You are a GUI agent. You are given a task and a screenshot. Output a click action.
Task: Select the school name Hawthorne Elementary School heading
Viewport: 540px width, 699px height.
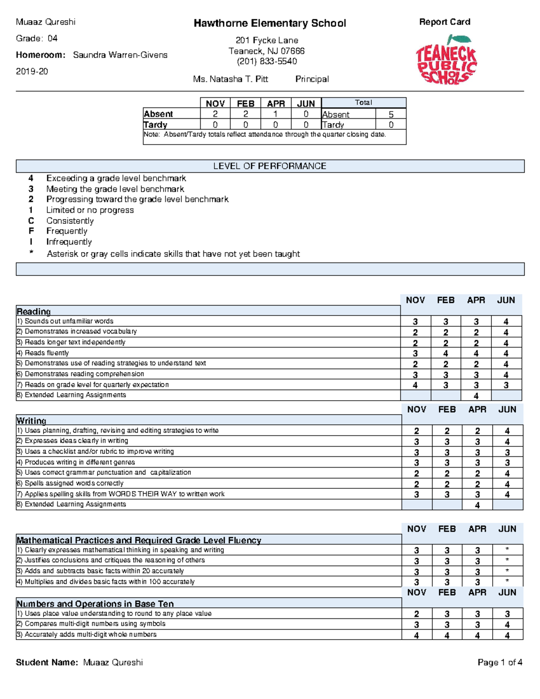(x=270, y=23)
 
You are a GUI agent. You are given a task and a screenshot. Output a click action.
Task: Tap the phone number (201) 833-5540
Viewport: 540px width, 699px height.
(x=267, y=61)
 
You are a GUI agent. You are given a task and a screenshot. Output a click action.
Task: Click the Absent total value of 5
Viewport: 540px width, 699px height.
(x=391, y=114)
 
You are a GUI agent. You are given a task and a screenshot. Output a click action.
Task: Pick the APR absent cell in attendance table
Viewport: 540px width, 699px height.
(x=275, y=114)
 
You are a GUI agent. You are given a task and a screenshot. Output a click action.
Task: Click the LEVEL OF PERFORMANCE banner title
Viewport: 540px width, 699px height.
(x=270, y=166)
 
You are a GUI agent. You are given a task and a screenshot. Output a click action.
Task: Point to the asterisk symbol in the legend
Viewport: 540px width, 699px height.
(x=31, y=253)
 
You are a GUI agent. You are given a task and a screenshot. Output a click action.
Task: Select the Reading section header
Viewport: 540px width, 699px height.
(x=34, y=311)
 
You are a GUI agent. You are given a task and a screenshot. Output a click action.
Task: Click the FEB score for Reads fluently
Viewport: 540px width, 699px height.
(x=445, y=354)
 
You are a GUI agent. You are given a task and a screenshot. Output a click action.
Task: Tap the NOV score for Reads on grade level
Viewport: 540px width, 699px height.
(x=415, y=385)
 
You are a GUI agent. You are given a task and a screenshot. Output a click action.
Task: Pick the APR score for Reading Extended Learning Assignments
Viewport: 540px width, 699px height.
(x=476, y=396)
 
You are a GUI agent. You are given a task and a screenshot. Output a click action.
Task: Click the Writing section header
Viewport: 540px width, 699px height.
(x=31, y=420)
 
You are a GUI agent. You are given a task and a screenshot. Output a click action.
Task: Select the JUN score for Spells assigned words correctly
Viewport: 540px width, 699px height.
(x=507, y=484)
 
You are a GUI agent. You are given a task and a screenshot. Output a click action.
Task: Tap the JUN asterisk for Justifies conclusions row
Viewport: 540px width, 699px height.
(x=507, y=560)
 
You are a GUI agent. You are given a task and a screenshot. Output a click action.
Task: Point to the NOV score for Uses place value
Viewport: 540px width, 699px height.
(x=416, y=614)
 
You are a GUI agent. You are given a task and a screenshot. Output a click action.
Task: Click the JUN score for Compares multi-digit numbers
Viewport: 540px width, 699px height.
(x=507, y=625)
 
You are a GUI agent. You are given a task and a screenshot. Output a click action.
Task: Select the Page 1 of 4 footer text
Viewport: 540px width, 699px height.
(x=499, y=662)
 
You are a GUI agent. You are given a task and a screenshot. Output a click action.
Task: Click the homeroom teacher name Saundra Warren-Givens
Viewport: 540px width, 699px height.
(x=120, y=55)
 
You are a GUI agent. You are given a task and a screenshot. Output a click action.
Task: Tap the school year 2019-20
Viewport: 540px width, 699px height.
(x=32, y=72)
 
